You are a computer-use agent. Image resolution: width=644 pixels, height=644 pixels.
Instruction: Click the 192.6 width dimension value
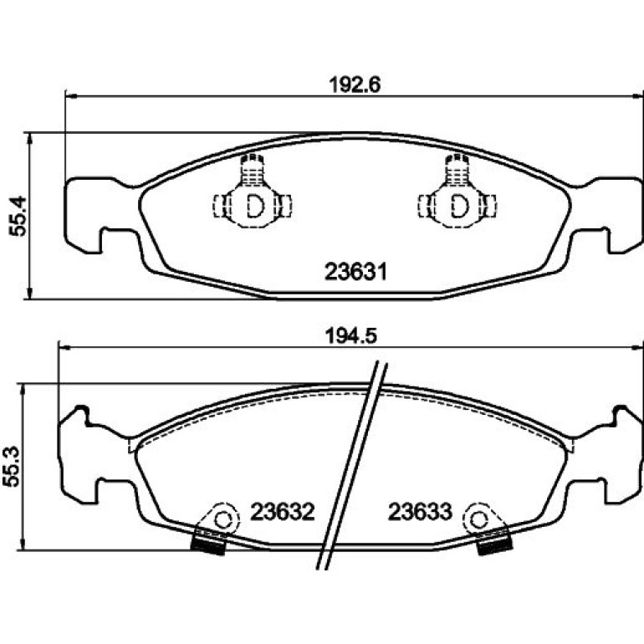pos(355,85)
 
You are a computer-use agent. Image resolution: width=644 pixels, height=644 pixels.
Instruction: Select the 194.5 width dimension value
pos(350,336)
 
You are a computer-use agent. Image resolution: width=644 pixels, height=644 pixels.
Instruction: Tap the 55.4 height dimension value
pos(18,217)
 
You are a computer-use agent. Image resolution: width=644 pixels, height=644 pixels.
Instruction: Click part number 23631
pos(355,272)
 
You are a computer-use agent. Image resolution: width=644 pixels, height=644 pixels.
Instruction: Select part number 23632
pos(283,512)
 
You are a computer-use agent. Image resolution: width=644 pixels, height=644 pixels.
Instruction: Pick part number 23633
pos(420,512)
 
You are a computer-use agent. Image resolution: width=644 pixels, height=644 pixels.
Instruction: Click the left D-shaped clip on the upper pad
pos(254,207)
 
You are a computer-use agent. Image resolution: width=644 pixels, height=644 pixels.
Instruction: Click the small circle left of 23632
pos(223,520)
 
